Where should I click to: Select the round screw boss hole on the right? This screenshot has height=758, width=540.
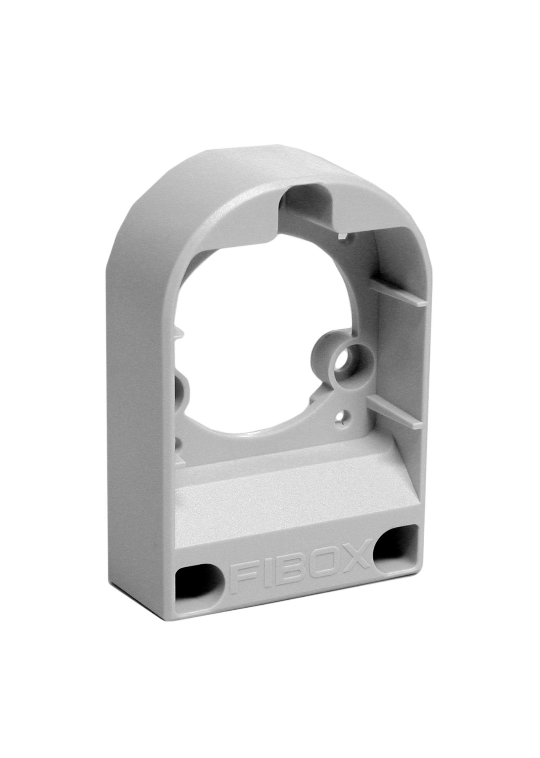[x=349, y=365]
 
